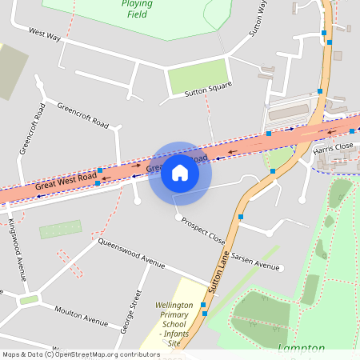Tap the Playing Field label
pos(138,8)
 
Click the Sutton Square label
pos(208,92)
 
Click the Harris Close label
pos(334,148)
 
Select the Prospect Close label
pos(203,230)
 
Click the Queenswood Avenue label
pos(131,253)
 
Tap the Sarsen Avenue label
pos(256,265)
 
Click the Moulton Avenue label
pos(81,316)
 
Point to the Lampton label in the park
pos(301,349)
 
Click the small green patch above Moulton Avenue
pos(30,300)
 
